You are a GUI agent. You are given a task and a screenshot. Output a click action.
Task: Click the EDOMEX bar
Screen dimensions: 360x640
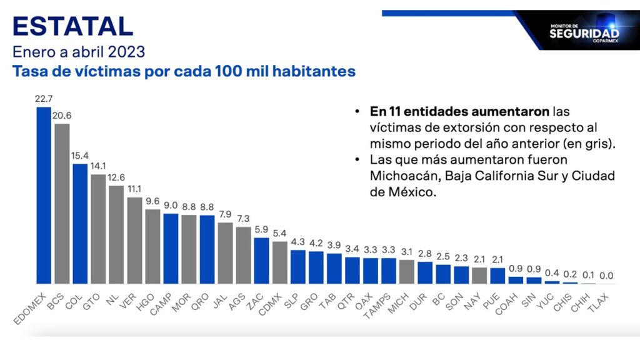(x=44, y=195)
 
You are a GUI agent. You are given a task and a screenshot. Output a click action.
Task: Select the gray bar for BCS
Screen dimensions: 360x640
(x=62, y=203)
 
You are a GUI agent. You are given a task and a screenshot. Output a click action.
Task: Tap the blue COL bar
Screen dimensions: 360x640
(x=80, y=224)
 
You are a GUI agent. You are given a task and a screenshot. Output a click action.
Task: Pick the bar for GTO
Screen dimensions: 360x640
(x=98, y=229)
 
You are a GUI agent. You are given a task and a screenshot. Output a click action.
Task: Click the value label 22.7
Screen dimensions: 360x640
(x=44, y=98)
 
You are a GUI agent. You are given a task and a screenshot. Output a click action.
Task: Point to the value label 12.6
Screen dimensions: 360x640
(x=116, y=177)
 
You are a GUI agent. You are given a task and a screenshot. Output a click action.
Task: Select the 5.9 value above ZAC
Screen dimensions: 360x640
(x=261, y=229)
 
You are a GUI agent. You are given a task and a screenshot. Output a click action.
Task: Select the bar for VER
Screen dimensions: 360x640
(x=134, y=241)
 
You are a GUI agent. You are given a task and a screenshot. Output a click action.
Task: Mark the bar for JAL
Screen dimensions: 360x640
(x=225, y=253)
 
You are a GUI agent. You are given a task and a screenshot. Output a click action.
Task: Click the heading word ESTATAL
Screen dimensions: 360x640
(x=72, y=26)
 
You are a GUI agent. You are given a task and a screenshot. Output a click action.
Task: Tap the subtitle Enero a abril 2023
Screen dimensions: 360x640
(x=78, y=51)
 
